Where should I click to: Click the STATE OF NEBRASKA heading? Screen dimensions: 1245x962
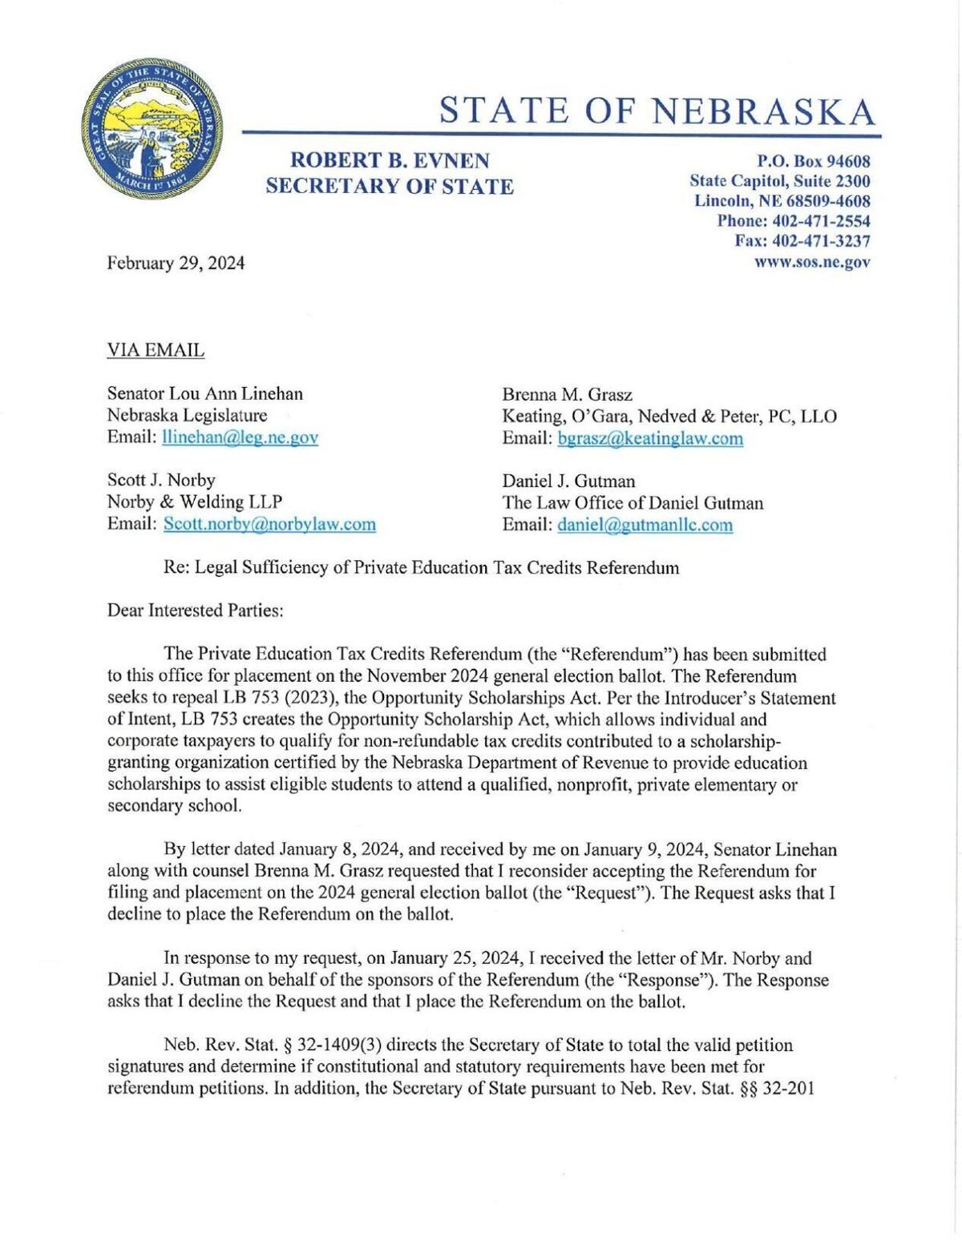[x=657, y=111]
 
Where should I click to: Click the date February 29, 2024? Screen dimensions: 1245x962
[x=176, y=263]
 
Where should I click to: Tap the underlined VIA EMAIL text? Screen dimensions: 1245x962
[x=156, y=350]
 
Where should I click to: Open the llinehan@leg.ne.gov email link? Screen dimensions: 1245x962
[x=240, y=437]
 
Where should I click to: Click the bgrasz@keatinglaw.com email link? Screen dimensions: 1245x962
[x=649, y=437]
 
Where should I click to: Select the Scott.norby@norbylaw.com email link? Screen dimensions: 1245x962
[x=269, y=524]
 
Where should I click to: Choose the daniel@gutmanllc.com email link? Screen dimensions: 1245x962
[x=645, y=525]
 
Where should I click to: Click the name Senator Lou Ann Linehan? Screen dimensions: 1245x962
[x=205, y=393]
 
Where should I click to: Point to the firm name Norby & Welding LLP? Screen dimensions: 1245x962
[x=194, y=502]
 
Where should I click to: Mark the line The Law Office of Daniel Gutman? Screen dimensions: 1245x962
[x=633, y=503]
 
